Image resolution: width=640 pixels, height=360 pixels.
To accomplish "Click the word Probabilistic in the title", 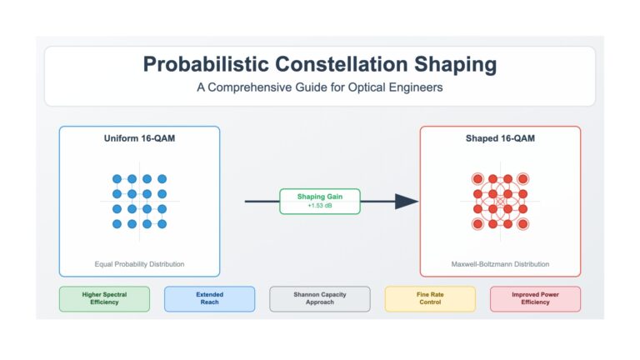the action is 206,64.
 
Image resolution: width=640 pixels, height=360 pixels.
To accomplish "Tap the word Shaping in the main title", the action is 456,65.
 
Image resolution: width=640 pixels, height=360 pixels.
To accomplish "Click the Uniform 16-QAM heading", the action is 140,138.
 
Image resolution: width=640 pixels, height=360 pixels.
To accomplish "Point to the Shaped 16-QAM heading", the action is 500,138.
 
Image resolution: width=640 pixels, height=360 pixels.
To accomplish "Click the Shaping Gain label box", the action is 320,201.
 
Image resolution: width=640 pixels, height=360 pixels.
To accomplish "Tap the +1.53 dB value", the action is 320,206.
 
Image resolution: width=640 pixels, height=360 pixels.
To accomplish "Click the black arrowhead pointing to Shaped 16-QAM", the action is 407,201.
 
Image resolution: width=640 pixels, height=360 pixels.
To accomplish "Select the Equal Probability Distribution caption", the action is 140,264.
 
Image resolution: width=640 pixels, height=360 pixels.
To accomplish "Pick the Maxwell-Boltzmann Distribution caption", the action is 500,264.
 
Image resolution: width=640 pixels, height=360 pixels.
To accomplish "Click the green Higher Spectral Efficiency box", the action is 104,299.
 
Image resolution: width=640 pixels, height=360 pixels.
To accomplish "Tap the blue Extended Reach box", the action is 210,299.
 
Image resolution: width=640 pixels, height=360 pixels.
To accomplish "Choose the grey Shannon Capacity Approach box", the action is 320,299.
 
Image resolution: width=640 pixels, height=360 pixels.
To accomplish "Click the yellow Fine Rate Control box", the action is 430,299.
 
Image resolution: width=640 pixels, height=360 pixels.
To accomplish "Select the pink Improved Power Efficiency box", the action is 536,299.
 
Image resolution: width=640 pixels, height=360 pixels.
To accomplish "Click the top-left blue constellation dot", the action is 117,179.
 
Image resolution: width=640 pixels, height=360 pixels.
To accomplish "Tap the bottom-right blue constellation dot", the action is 162,224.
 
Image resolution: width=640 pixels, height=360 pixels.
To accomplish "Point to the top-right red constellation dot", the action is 522,179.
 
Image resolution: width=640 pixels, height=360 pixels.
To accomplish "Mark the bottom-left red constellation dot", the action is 478,224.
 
